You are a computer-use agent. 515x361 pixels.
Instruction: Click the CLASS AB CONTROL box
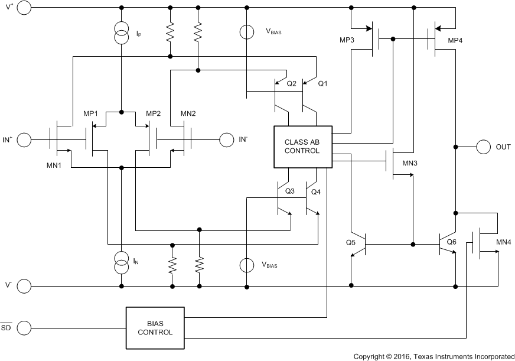tap(302, 146)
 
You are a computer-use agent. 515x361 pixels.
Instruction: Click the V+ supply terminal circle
tap(24, 8)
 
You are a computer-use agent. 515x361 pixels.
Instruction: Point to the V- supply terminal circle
tap(24, 286)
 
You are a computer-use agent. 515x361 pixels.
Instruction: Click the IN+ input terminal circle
tap(24, 140)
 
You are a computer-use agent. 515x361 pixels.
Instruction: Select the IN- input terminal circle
tap(226, 140)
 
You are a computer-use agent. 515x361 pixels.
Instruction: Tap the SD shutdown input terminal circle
tap(24, 327)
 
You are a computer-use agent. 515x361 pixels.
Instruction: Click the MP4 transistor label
tap(457, 40)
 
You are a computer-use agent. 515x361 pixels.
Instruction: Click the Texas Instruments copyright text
tap(433, 356)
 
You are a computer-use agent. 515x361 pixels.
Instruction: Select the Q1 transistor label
tap(322, 83)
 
